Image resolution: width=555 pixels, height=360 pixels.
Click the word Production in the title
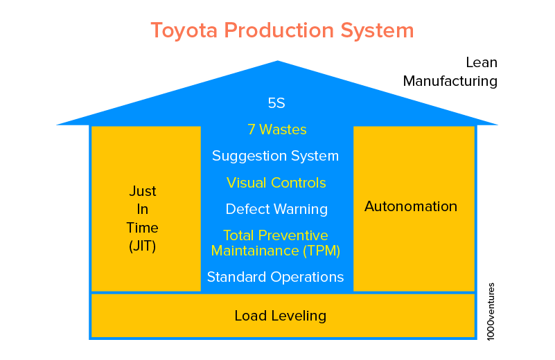coord(280,31)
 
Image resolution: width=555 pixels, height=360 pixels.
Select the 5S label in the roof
coord(276,104)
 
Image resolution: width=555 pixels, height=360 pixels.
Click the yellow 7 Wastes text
coord(276,129)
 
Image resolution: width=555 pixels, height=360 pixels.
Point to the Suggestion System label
coord(275,156)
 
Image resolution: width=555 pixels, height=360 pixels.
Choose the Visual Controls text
coord(276,183)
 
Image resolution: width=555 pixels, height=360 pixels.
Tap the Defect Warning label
coord(276,209)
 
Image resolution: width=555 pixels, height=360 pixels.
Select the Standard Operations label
coord(275,277)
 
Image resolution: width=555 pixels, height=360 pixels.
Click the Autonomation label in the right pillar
coord(411,206)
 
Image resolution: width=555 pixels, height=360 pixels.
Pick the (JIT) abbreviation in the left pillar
coord(142,246)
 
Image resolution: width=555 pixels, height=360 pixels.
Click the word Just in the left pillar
coord(143,191)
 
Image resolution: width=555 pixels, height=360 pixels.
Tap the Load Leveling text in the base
coord(280,316)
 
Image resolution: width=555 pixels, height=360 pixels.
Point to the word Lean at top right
coord(481,62)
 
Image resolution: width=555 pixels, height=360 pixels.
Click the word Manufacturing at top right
coord(450,81)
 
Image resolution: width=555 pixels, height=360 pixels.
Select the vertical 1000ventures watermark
coord(491,311)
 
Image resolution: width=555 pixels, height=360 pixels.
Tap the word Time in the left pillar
coord(142,228)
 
